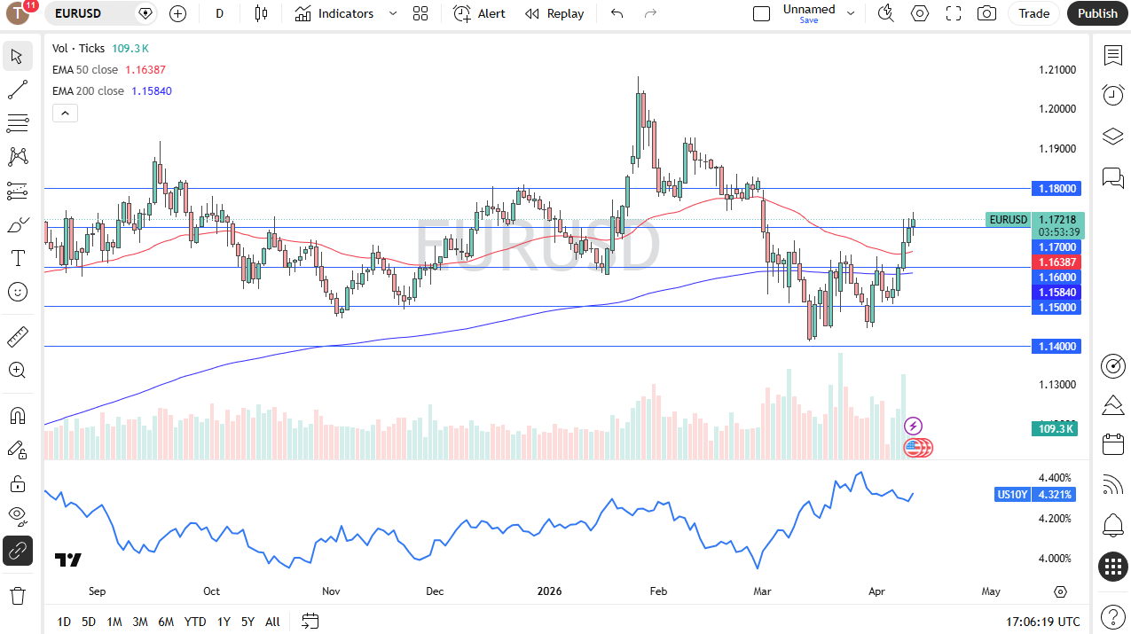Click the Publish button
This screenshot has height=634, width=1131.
[1097, 13]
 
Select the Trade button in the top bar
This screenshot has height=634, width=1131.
[1033, 13]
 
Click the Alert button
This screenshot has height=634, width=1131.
[479, 13]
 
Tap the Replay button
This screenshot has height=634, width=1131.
[554, 13]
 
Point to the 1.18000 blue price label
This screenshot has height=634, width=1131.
[1056, 188]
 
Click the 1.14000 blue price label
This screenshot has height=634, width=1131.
[1056, 347]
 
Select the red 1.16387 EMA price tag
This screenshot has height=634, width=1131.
[1056, 262]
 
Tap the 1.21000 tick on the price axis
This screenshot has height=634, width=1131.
[1057, 70]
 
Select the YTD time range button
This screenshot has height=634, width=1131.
[195, 622]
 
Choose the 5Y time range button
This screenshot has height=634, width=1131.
[247, 622]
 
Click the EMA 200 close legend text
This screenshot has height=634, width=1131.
[89, 90]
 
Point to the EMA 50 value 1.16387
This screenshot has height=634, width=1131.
[145, 69]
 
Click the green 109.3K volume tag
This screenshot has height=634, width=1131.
[1055, 429]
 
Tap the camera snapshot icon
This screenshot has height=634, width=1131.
[986, 13]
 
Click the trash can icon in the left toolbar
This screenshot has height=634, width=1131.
[18, 595]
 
